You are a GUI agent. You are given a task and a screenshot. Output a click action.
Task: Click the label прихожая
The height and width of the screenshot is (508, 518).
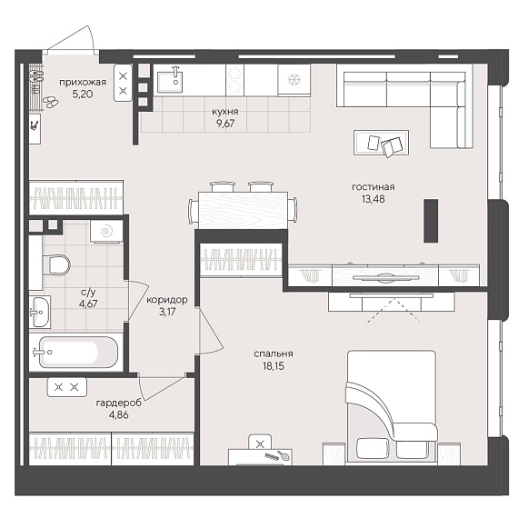point(83,83)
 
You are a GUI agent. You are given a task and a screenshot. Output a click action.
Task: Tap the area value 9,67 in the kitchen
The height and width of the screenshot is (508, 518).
point(225,124)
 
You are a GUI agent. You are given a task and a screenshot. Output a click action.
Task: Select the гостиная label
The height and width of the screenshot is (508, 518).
point(374,187)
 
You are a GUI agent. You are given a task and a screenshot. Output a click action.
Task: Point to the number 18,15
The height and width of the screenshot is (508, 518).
point(274,366)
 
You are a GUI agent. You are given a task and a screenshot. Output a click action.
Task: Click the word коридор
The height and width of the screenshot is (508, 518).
point(167,300)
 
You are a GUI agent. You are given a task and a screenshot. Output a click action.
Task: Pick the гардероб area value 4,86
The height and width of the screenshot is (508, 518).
point(119,415)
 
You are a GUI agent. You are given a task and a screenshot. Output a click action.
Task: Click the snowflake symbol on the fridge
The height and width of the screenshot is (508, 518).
point(294,79)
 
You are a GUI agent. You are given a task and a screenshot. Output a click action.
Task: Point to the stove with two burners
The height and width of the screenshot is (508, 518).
point(234,80)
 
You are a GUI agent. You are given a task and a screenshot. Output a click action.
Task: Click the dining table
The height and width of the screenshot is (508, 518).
point(243,211)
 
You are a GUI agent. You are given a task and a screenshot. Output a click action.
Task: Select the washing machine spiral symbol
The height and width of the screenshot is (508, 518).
point(106,231)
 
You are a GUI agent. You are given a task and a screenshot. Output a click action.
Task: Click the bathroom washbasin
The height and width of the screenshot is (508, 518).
point(40,312)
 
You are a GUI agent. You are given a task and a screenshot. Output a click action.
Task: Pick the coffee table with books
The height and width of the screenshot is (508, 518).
point(382,143)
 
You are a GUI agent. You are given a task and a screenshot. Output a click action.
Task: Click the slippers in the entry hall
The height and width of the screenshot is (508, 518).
point(51,102)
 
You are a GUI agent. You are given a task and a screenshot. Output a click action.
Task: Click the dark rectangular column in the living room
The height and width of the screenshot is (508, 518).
point(431,220)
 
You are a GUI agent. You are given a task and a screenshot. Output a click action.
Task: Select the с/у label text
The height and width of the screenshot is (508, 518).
point(88,292)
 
